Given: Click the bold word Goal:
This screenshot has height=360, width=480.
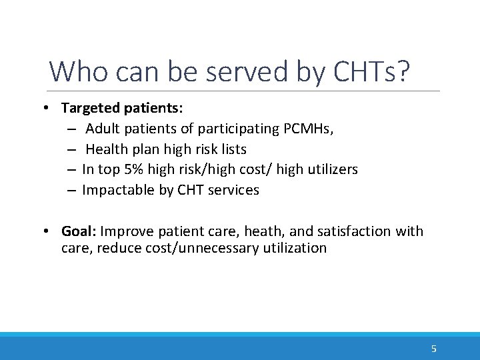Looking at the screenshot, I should pos(79,231).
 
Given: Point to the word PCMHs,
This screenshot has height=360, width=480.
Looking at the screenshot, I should pos(310,128).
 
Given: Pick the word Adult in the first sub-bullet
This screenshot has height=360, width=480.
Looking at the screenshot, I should pos(102,128).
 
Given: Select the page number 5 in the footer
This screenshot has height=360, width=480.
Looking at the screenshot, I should pos(434,348).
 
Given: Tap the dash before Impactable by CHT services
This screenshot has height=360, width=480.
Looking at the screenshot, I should pos(71,190).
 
